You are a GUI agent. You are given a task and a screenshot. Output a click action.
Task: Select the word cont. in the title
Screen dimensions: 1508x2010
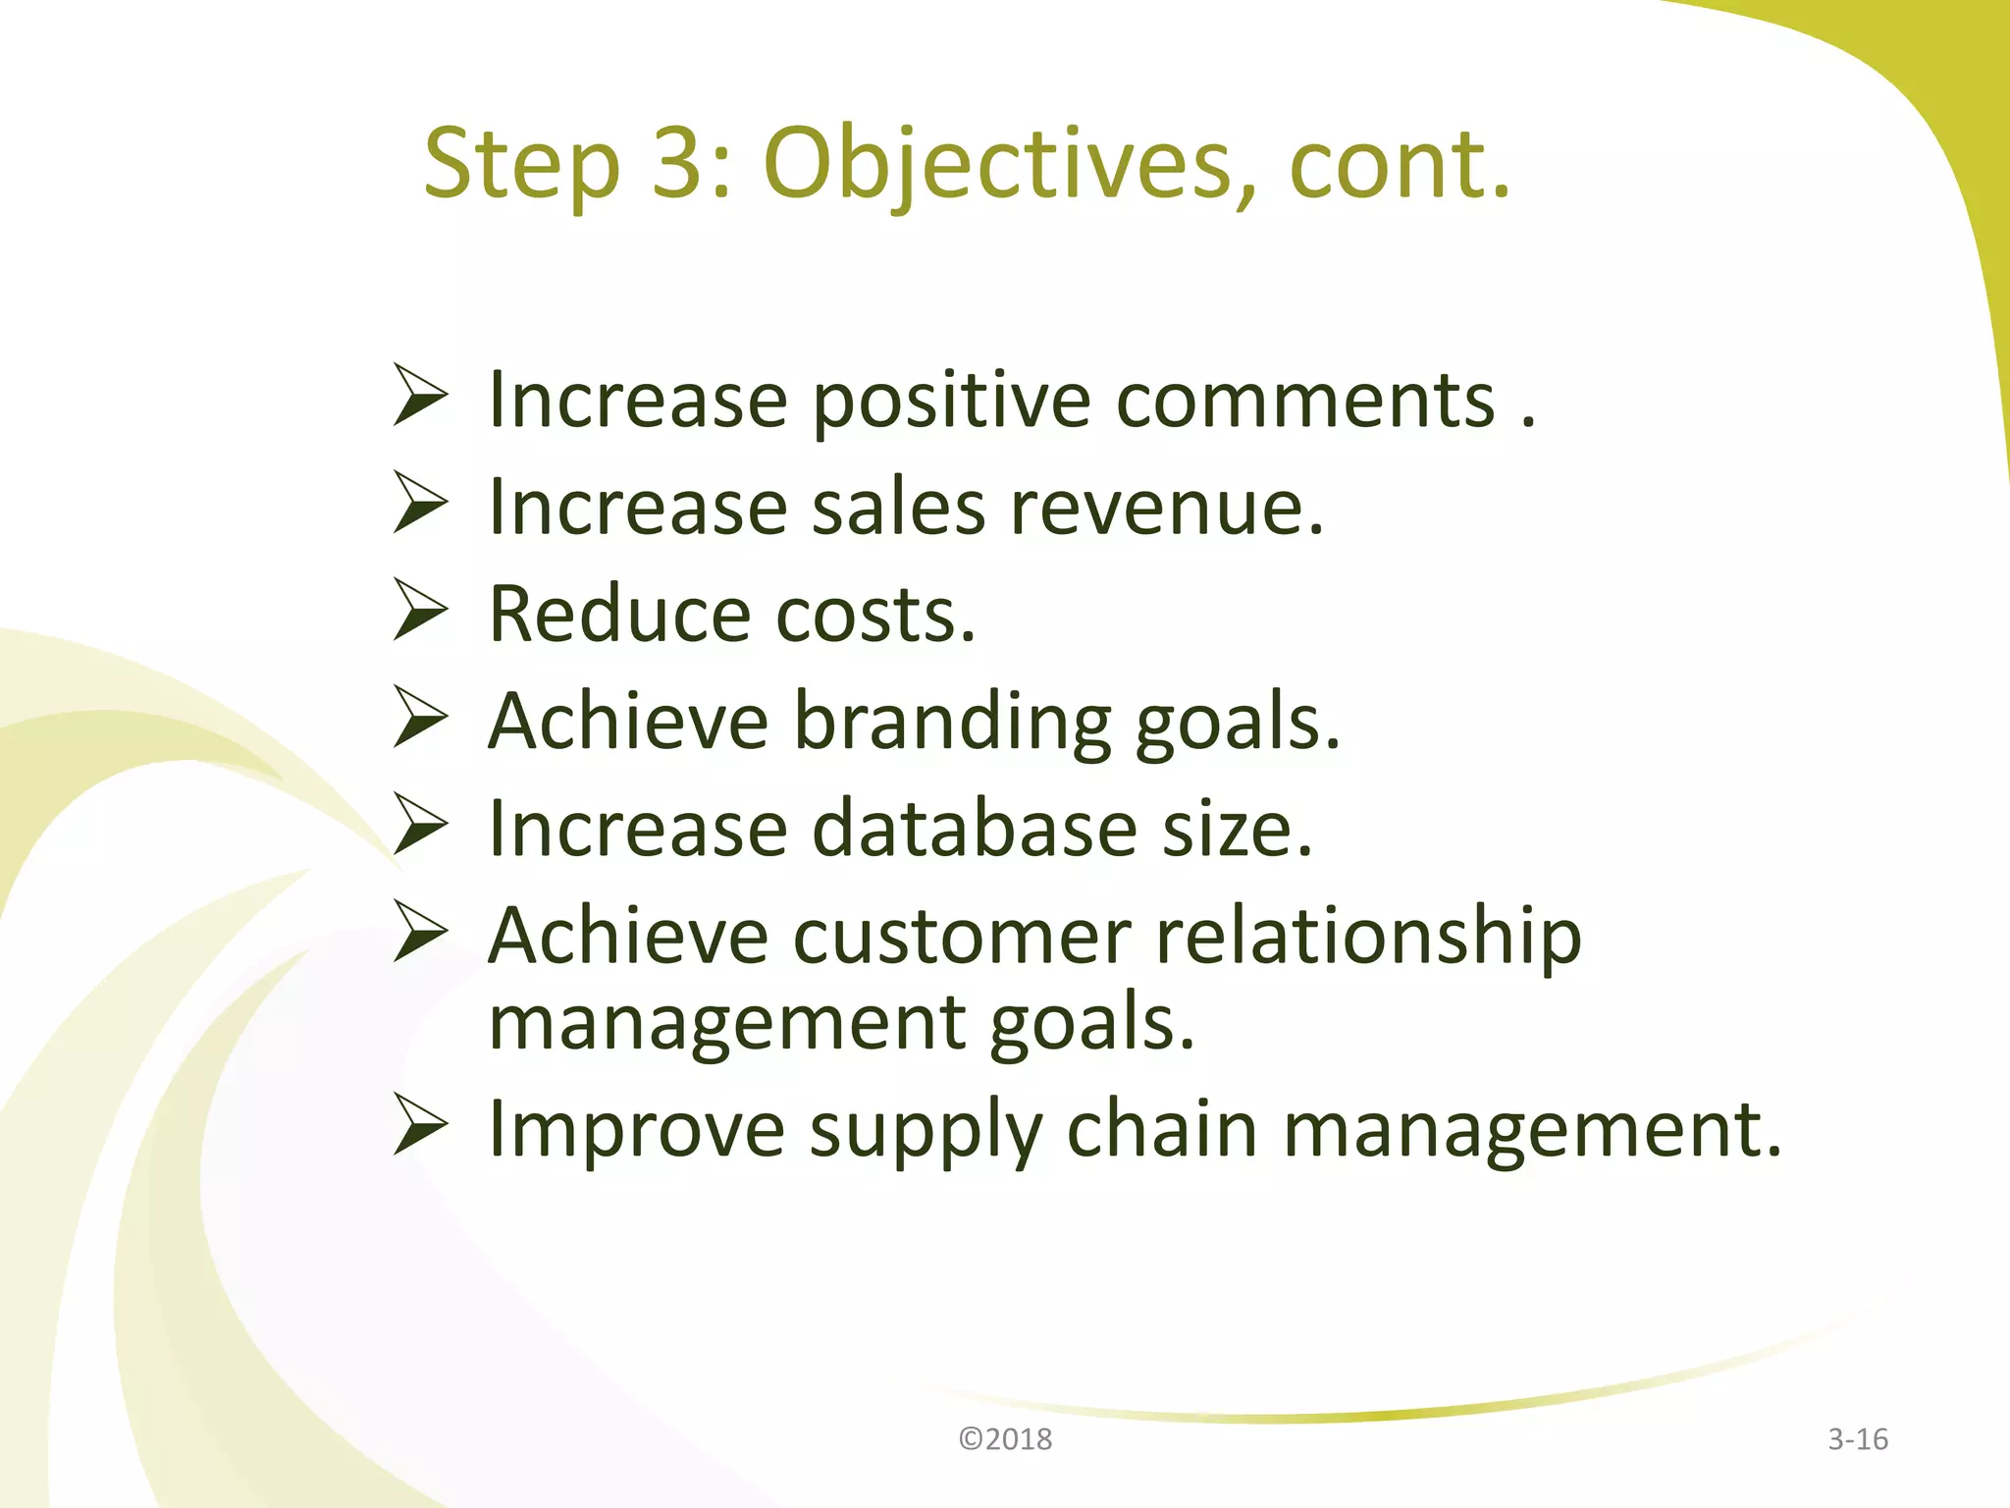1400,165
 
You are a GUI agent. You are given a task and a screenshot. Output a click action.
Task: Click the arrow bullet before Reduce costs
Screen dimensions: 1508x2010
421,610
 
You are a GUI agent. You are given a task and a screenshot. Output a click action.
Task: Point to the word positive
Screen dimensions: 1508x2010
951,403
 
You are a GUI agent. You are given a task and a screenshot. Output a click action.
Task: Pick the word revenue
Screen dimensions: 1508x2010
1166,508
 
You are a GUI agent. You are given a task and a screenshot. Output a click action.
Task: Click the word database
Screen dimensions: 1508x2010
975,829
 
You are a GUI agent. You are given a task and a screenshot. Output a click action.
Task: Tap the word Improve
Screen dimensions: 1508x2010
636,1131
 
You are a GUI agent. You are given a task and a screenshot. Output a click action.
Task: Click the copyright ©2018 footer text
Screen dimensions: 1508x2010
1005,1439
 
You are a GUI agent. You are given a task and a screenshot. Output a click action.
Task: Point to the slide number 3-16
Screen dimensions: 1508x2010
1857,1439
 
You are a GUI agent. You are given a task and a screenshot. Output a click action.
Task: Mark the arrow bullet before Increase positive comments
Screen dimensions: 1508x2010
421,395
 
